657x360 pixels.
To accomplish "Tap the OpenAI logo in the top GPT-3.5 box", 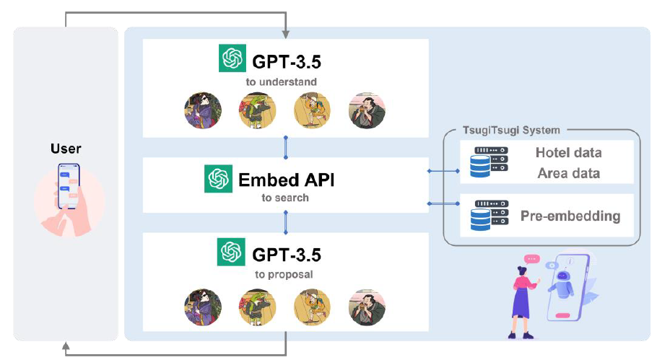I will pos(232,58).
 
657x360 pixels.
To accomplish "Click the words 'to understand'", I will pos(281,82).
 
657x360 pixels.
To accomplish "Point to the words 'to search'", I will pos(285,197).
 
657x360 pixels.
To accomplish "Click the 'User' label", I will pos(66,149).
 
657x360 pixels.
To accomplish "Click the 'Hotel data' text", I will pos(568,153).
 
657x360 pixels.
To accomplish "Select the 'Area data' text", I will pos(569,173).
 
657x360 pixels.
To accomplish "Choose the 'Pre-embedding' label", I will pos(570,216).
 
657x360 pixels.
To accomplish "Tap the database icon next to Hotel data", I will pos(489,162).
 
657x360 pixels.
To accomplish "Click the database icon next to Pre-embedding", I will pos(489,216).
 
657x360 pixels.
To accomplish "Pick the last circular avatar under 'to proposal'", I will pos(363,305).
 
